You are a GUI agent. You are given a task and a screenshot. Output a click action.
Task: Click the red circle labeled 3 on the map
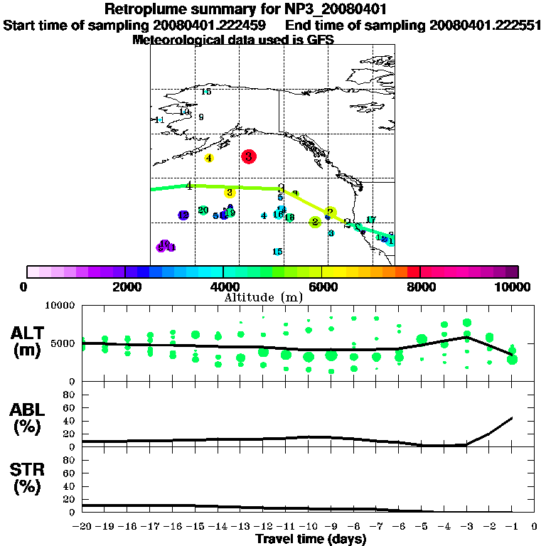tap(248, 156)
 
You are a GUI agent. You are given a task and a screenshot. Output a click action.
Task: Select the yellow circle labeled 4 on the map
tap(209, 158)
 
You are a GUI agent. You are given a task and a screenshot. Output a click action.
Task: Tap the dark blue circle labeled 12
tap(183, 215)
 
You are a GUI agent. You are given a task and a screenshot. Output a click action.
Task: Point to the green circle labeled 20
tap(203, 210)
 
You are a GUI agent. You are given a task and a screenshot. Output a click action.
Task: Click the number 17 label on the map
tap(370, 220)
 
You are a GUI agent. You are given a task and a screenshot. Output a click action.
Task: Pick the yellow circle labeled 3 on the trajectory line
tap(230, 192)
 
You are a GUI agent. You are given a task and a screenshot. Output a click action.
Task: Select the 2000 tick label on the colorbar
tap(124, 287)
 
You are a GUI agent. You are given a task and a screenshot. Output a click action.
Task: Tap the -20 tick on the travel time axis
tap(82, 527)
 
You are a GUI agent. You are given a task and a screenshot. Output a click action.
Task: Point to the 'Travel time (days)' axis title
tap(311, 539)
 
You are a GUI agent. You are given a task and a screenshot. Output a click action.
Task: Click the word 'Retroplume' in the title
tap(147, 9)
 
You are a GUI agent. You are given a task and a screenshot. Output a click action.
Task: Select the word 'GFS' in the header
tap(320, 41)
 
